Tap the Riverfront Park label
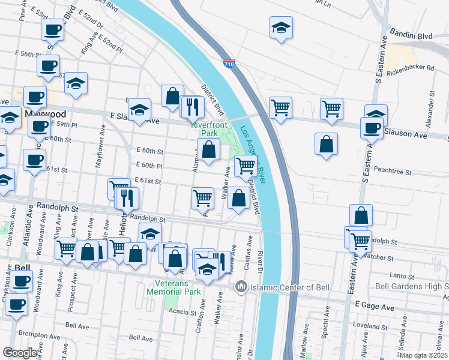click(x=204, y=128)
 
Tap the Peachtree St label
click(x=391, y=172)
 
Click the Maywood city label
click(x=45, y=113)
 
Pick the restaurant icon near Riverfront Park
click(x=193, y=107)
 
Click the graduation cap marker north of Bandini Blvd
click(x=280, y=28)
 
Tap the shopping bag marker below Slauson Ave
click(x=326, y=144)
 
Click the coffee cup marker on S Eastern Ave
click(x=372, y=127)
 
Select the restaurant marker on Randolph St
click(x=128, y=198)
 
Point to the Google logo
click(x=20, y=353)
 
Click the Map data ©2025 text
click(x=423, y=355)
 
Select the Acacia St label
click(x=184, y=312)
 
